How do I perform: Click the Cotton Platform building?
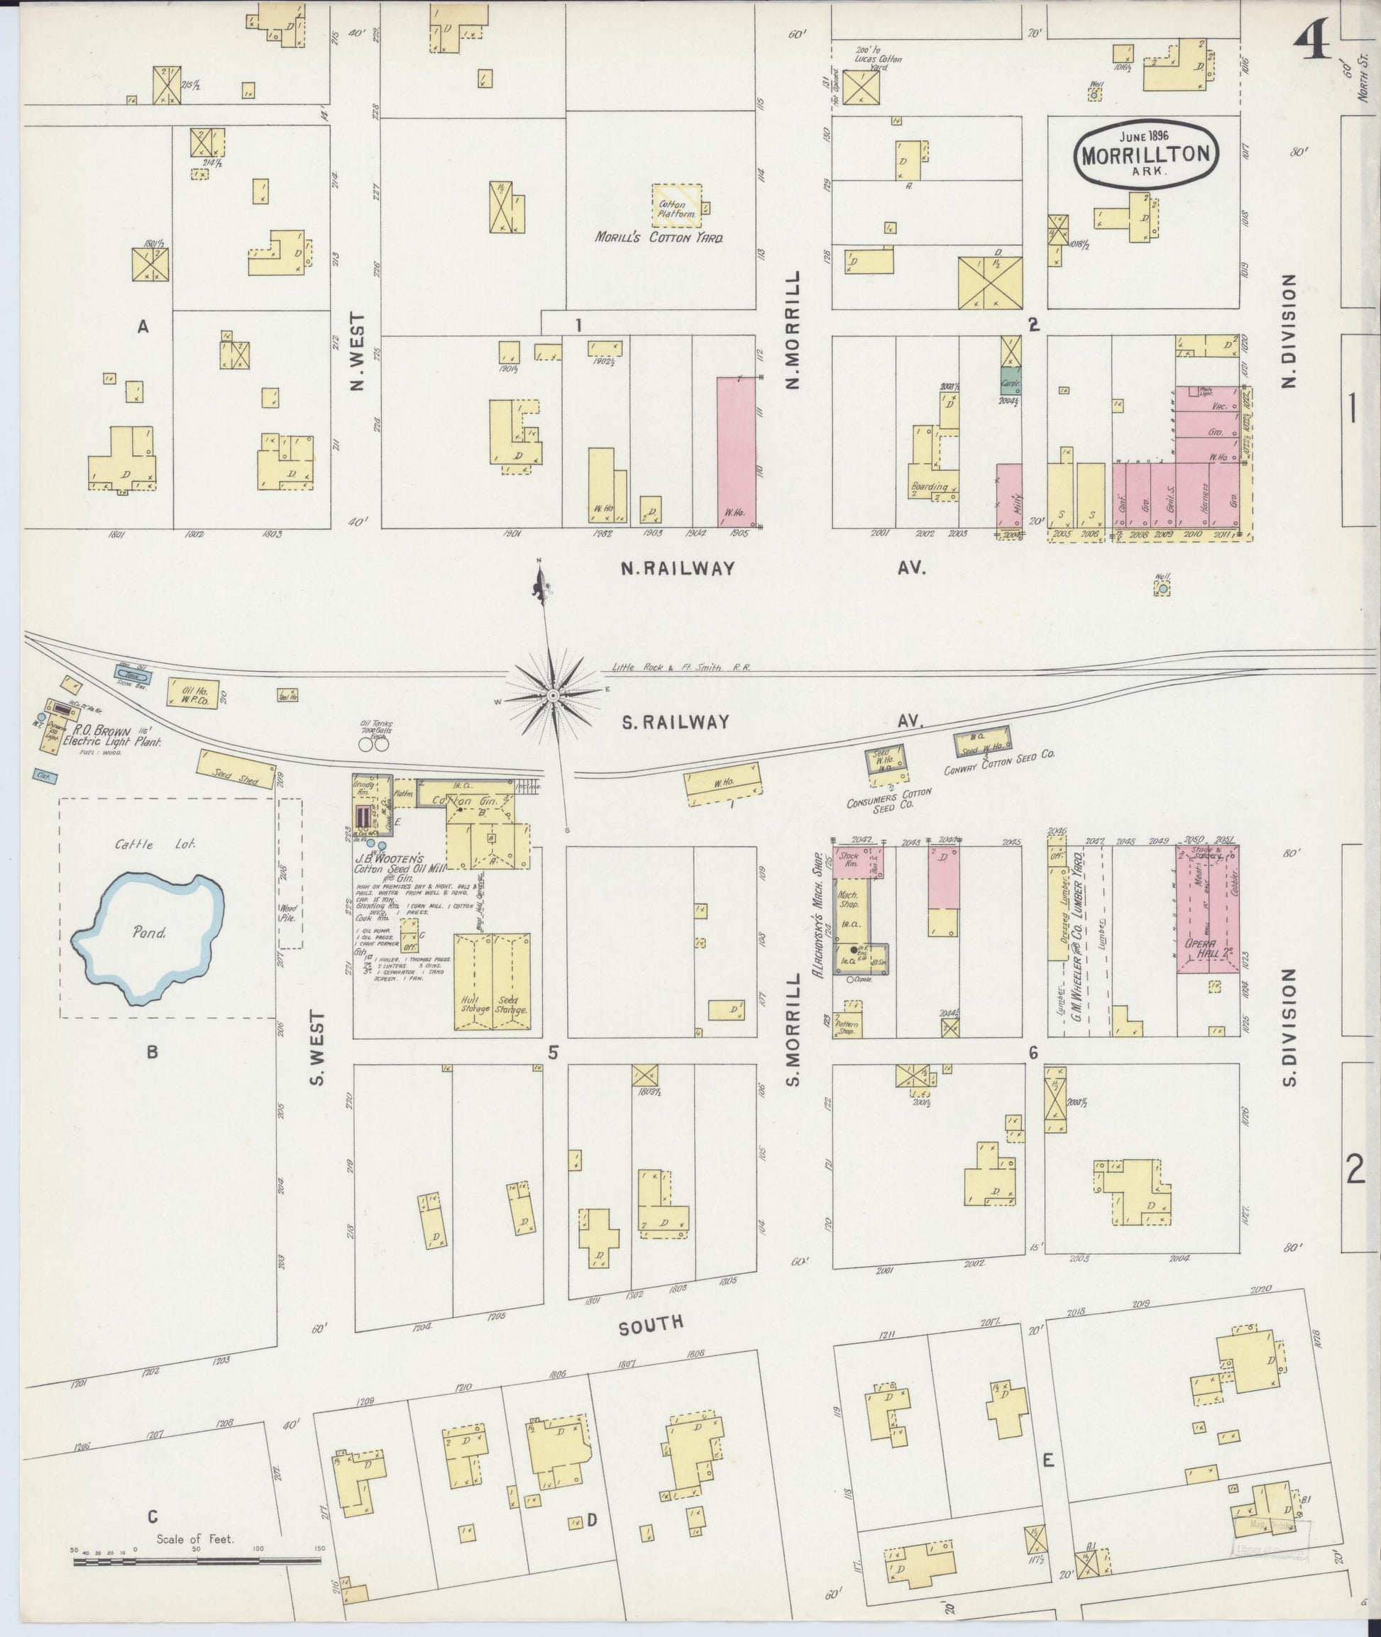click(x=676, y=206)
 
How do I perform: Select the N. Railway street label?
click(x=678, y=569)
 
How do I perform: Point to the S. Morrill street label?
click(x=793, y=1030)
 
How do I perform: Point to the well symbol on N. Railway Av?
click(x=1162, y=587)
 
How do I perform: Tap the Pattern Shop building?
click(x=847, y=1020)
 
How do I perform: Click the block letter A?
click(x=143, y=326)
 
